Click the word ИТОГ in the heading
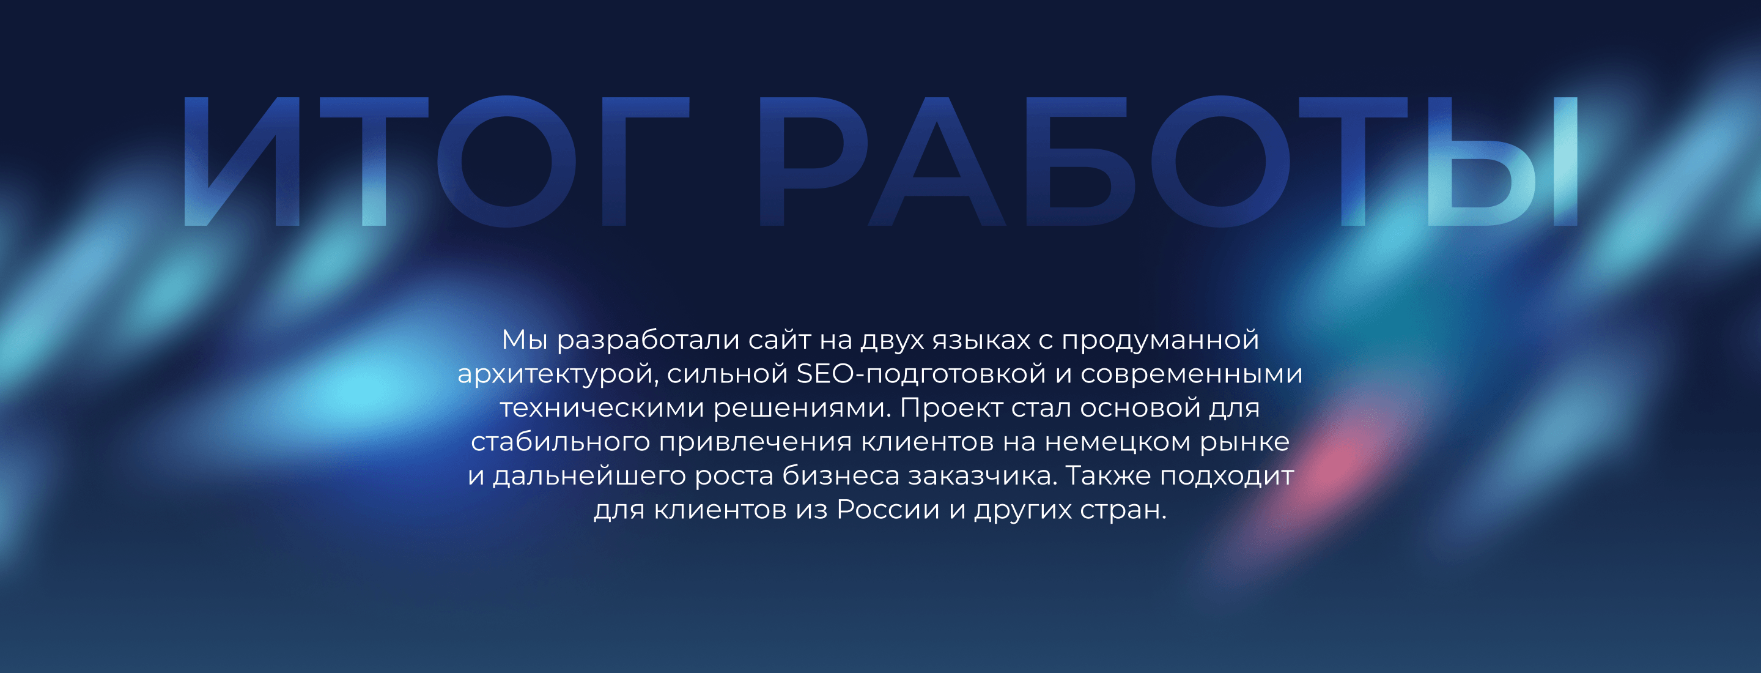tap(436, 162)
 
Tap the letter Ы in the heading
tap(1502, 162)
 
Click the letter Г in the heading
tap(645, 162)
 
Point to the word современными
tap(1191, 373)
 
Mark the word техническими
tap(602, 408)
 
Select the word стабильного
tap(560, 442)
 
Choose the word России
tap(888, 510)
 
